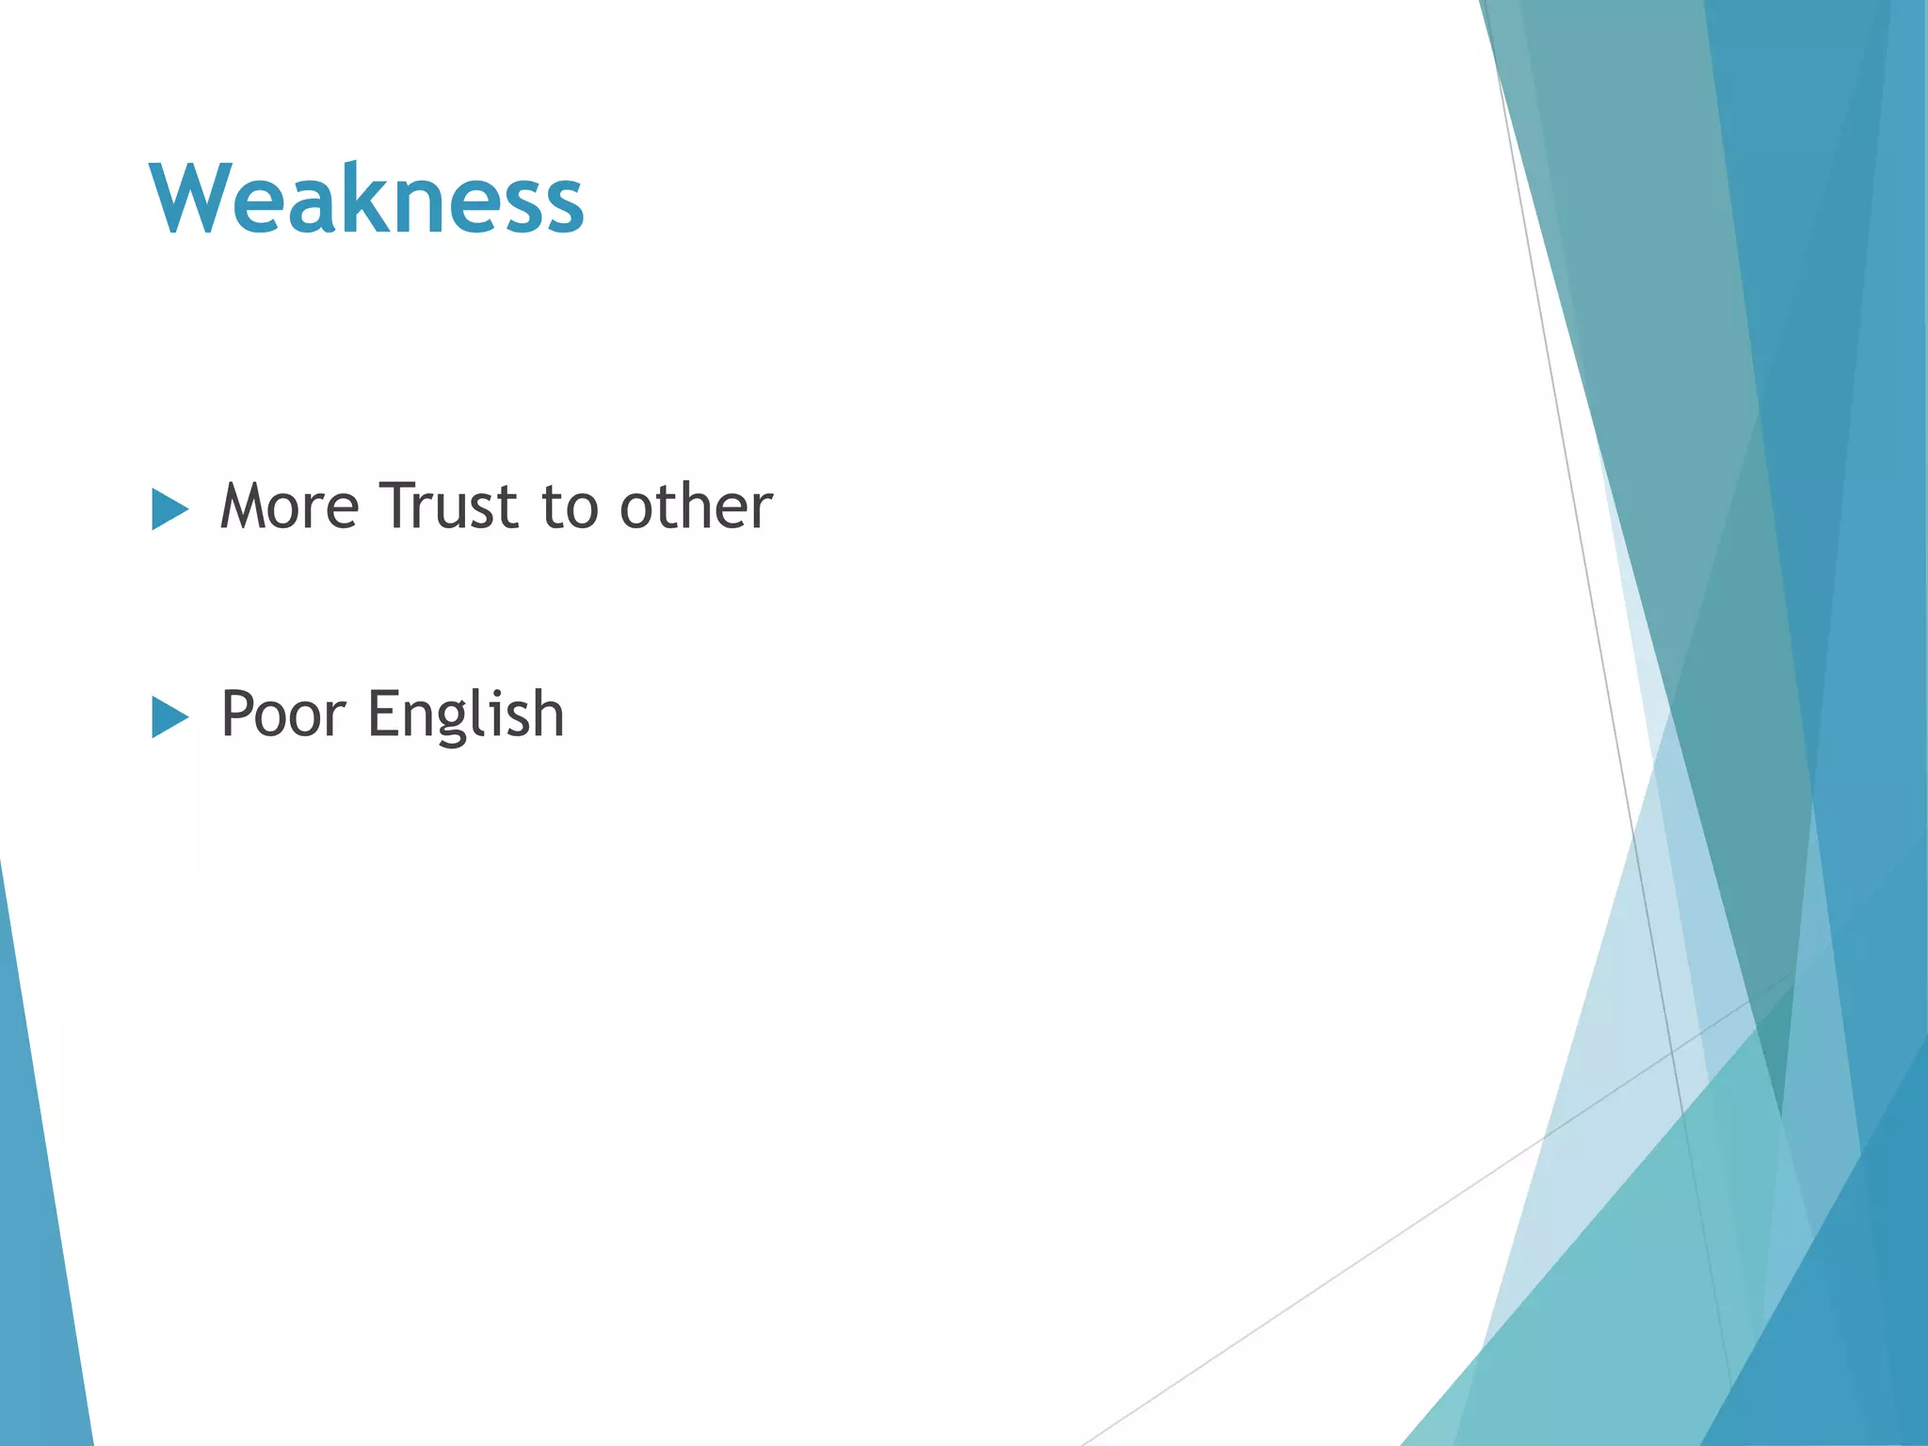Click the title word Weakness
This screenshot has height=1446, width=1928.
(367, 199)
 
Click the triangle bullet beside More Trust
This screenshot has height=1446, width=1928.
(169, 510)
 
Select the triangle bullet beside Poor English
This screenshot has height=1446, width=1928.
(169, 718)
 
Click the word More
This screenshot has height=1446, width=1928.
(289, 507)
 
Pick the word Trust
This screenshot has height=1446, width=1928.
(449, 507)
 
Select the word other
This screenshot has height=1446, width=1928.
(696, 507)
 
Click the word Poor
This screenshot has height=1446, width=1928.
(282, 715)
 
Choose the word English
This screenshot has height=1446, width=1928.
(466, 715)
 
